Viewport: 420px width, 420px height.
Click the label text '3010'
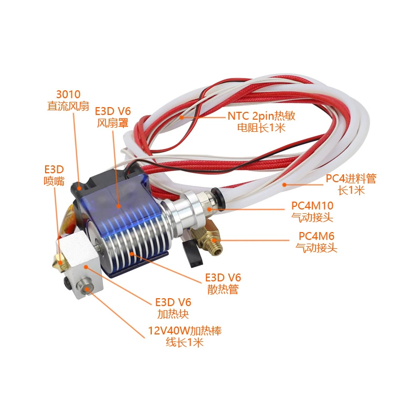68,94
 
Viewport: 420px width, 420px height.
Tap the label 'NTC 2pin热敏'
261,116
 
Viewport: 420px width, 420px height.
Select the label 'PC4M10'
312,206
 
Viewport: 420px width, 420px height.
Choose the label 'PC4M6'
317,236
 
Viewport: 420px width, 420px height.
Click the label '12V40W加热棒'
185,331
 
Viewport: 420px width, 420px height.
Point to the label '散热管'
223,289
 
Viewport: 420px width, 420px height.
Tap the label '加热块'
173,314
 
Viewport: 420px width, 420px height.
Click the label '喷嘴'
54,181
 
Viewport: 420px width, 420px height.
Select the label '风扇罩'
112,123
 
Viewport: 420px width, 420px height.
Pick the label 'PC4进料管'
351,178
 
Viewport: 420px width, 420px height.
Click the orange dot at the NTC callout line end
182,117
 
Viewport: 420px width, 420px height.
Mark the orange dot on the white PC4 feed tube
285,184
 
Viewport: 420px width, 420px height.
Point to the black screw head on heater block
67,282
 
